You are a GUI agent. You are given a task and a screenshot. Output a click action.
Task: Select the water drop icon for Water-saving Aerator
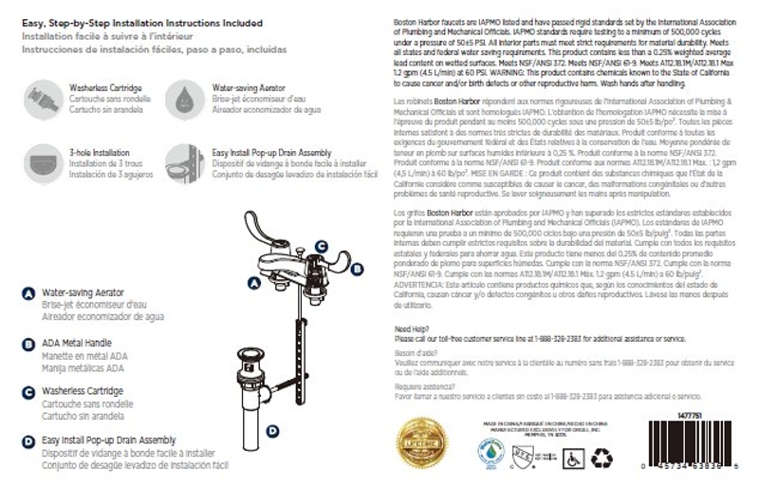181,95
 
